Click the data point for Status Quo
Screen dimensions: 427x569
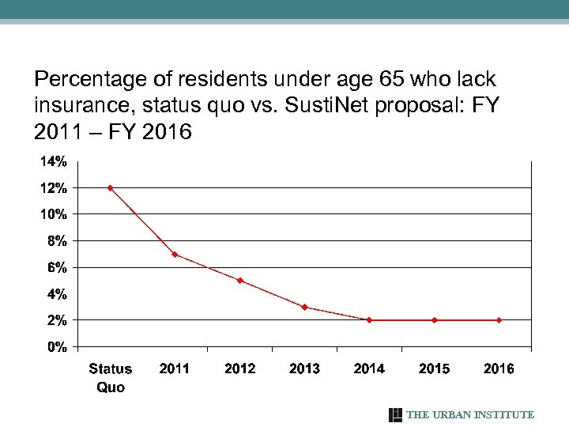coord(110,188)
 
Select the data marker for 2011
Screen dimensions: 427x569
coord(175,255)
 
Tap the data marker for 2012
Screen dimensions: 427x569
coord(239,281)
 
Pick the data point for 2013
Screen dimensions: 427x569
coord(304,307)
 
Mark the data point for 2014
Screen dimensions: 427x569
coord(369,320)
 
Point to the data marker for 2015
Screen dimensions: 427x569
coord(434,320)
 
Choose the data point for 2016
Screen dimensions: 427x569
coord(499,320)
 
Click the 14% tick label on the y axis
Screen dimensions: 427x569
coord(54,162)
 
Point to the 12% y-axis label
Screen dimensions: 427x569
coord(54,188)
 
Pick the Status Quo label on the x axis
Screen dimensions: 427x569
coord(111,377)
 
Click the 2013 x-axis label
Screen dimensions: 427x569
coord(304,368)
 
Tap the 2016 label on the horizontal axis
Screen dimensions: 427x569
coord(499,368)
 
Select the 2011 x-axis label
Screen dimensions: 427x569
coord(175,368)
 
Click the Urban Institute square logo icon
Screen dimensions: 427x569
coord(396,415)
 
